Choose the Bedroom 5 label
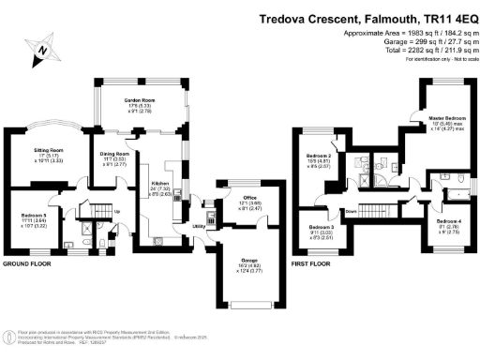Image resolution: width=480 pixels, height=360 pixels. [34, 215]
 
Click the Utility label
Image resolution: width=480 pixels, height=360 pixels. [200, 226]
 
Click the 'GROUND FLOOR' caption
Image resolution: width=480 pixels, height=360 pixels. [28, 265]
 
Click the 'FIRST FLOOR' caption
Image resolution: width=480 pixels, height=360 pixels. [315, 265]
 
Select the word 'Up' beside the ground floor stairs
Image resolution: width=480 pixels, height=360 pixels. [115, 208]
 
